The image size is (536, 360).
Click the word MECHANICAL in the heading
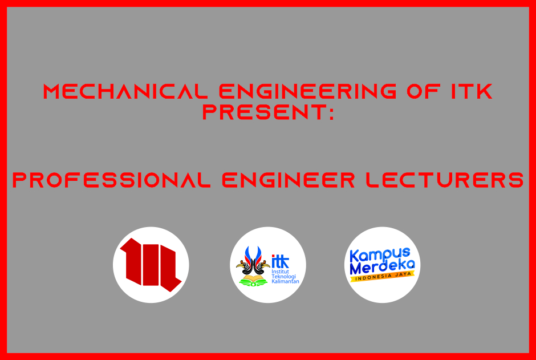126,91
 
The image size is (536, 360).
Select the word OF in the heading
423,91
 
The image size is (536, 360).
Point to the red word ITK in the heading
472,91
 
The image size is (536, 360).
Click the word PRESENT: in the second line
268,112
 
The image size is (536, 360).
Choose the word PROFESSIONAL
111,180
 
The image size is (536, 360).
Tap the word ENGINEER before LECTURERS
289,180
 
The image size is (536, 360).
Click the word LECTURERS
445,180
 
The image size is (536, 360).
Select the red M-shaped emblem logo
151,265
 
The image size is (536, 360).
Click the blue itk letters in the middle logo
281,261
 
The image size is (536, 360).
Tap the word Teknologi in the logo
283,277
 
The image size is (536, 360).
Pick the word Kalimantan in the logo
285,281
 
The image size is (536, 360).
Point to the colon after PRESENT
331,115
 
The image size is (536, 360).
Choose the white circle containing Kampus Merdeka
382,265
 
